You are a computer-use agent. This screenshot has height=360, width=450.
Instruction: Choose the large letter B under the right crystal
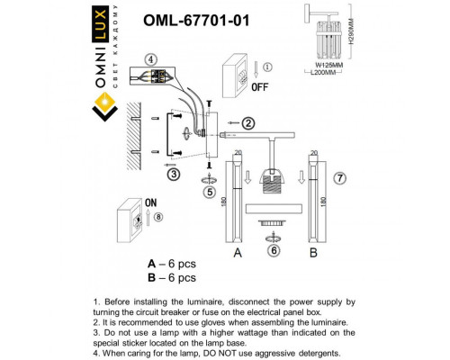314,253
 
